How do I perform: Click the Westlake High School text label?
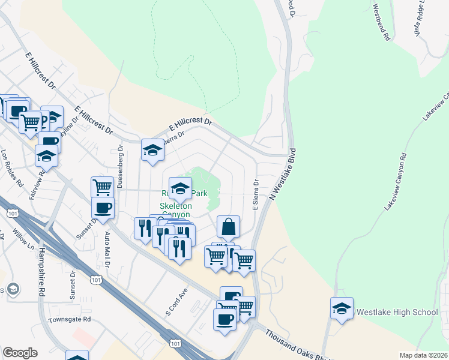tap(397, 313)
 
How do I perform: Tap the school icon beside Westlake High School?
tap(342, 308)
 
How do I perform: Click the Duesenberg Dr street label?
tap(121, 166)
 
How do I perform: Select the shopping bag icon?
tap(228, 228)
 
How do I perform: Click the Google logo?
tap(20, 353)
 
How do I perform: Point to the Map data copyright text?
tap(423, 355)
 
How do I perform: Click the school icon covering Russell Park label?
tap(180, 189)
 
